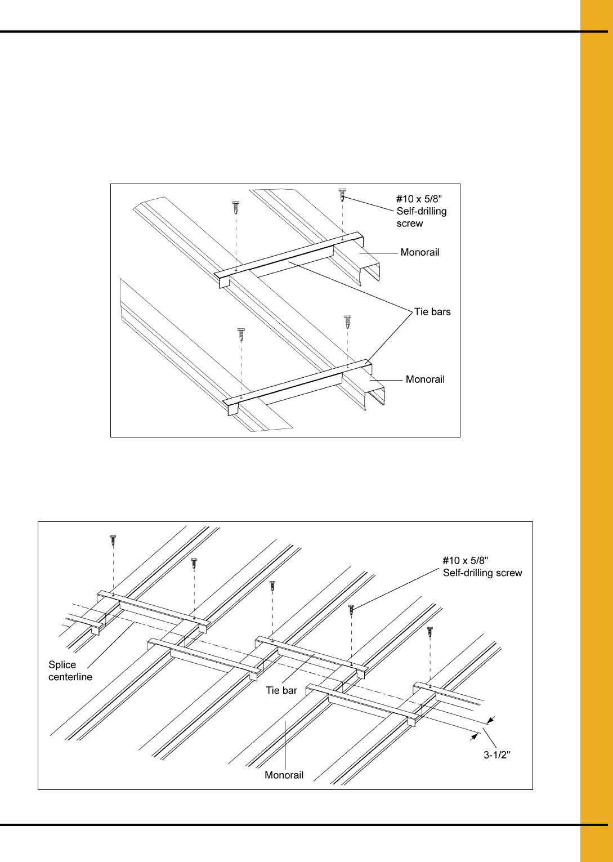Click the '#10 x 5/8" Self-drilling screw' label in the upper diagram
pos(422,211)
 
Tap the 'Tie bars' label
pos(432,312)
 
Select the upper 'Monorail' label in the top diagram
pos(420,252)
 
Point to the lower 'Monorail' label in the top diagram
pos(425,379)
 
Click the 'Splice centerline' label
pos(70,671)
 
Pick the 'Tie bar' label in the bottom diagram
pos(281,690)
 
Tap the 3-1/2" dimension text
pos(497,755)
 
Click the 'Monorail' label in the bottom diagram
pos(284,775)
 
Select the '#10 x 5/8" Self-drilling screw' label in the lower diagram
pos(482,566)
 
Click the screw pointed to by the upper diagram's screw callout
pos(342,195)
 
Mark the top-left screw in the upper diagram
pos(236,207)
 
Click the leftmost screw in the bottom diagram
pos(113,541)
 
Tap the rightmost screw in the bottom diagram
pos(430,632)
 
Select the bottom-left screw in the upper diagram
pos(241,335)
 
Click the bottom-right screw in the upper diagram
pos(347,322)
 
